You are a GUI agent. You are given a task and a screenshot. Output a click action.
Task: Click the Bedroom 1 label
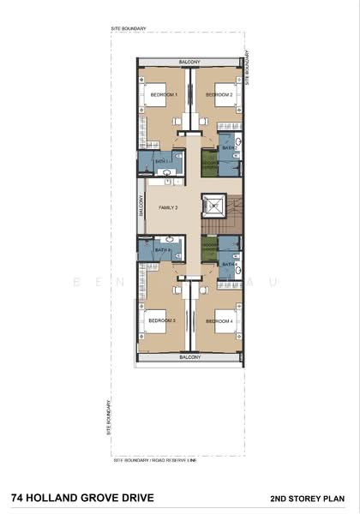(163, 94)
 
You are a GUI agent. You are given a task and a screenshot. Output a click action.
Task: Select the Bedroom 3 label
(161, 320)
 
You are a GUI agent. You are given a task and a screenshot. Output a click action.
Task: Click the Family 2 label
(167, 208)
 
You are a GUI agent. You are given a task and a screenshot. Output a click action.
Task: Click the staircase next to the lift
(234, 209)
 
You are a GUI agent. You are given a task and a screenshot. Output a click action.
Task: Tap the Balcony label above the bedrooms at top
(190, 62)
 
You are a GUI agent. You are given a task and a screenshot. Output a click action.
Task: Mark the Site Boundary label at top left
(129, 30)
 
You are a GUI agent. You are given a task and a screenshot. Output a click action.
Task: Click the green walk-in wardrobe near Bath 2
(209, 159)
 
